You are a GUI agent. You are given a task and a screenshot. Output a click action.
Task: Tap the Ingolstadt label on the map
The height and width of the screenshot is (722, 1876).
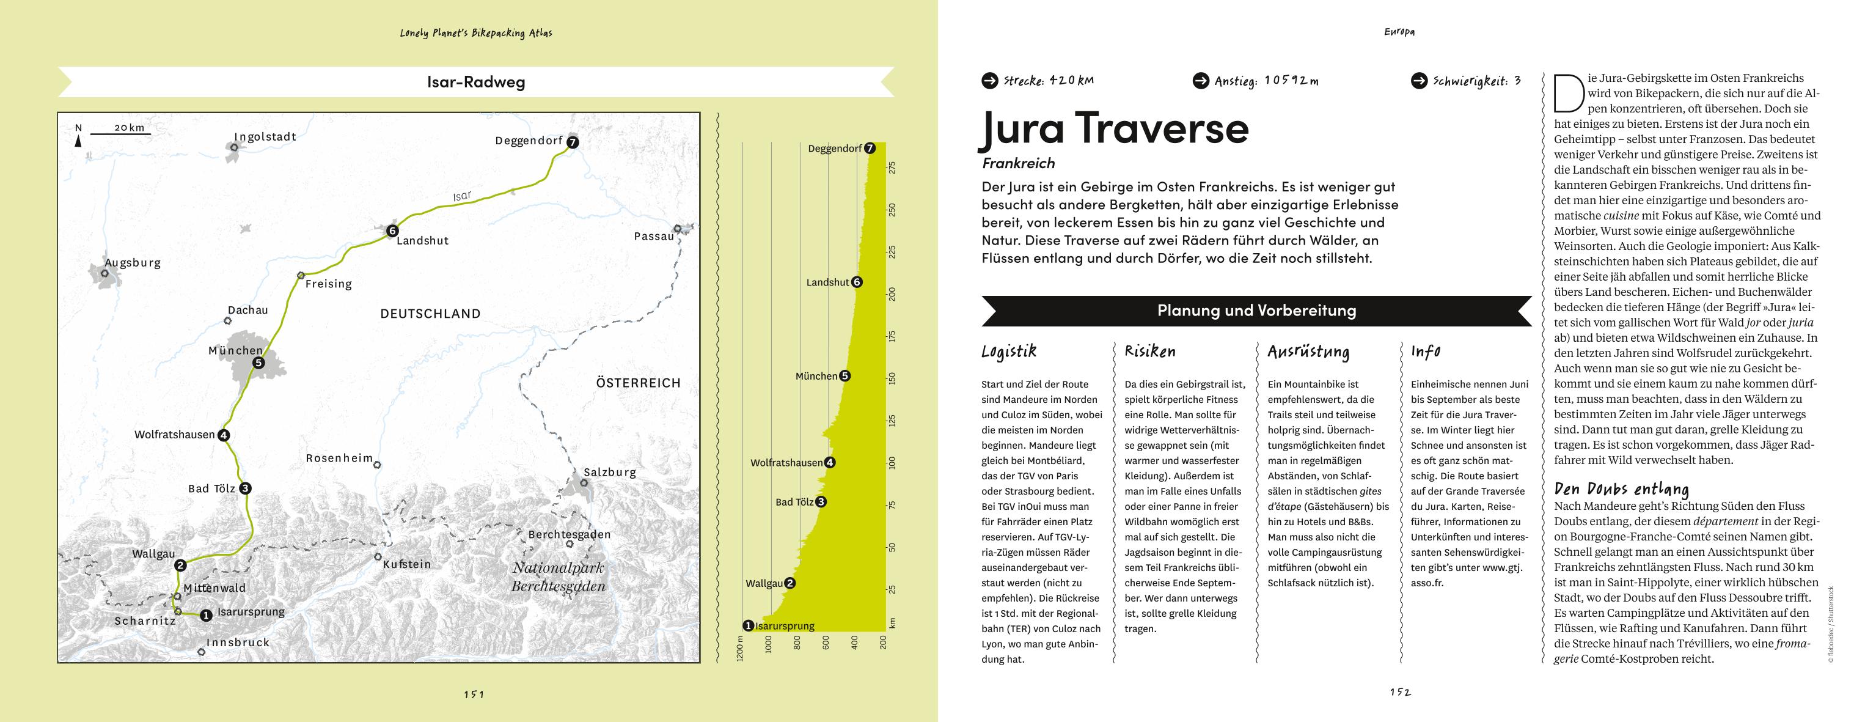[265, 136]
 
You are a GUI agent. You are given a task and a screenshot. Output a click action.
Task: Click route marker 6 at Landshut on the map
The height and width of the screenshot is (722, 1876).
[392, 231]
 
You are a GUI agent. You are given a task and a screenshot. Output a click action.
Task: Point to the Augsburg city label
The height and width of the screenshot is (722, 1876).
[133, 263]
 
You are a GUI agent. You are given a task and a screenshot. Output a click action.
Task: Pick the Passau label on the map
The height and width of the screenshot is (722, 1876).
[653, 236]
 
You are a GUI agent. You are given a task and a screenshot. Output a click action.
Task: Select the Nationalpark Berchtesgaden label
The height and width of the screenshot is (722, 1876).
[558, 576]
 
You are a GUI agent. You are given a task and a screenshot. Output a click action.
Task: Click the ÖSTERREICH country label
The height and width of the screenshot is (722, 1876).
[638, 383]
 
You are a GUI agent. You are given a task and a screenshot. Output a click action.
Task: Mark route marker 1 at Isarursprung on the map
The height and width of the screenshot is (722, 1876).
[206, 616]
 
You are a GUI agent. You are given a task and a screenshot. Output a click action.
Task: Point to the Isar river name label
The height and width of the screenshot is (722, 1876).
[463, 196]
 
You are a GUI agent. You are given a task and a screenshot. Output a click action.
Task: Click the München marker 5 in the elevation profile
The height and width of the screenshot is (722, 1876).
[845, 376]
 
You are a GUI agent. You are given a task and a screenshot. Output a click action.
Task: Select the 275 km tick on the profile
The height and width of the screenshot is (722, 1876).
[893, 168]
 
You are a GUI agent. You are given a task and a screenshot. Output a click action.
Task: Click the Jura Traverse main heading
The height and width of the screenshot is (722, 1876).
[1114, 128]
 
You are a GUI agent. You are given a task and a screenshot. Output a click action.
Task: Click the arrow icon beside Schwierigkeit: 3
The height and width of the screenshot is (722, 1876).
[1419, 81]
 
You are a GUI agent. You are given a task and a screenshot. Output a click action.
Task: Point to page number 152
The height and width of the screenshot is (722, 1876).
[1401, 692]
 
